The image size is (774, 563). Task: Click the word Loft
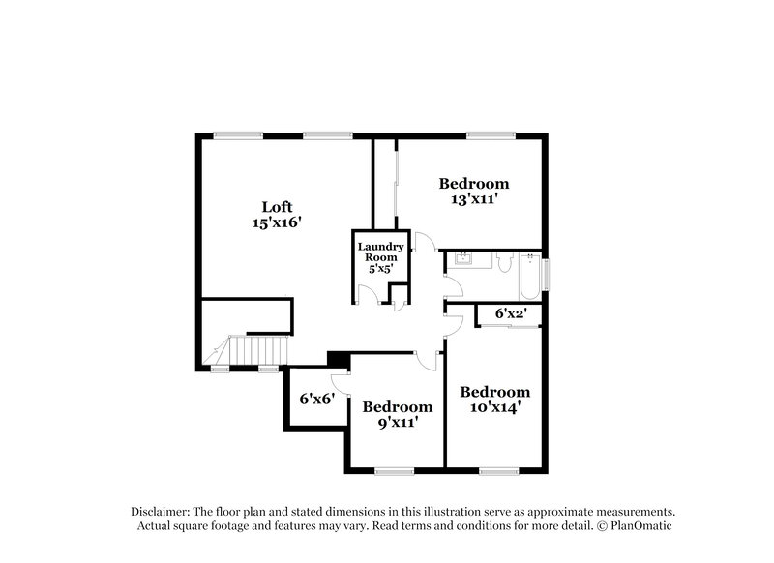(276, 206)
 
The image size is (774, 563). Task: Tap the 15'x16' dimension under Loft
(276, 222)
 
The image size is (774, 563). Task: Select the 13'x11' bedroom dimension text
(474, 199)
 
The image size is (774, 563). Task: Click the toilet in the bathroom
(503, 261)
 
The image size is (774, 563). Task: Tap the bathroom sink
(463, 259)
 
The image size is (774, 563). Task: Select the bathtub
(528, 276)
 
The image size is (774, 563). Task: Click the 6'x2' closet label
(511, 313)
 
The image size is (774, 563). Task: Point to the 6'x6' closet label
(316, 398)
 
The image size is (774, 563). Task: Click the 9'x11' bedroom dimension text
(398, 423)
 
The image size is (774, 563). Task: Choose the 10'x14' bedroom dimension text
(494, 408)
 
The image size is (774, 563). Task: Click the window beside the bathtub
(545, 274)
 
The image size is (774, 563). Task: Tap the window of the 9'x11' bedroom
(394, 471)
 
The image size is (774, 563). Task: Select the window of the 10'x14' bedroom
(497, 471)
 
